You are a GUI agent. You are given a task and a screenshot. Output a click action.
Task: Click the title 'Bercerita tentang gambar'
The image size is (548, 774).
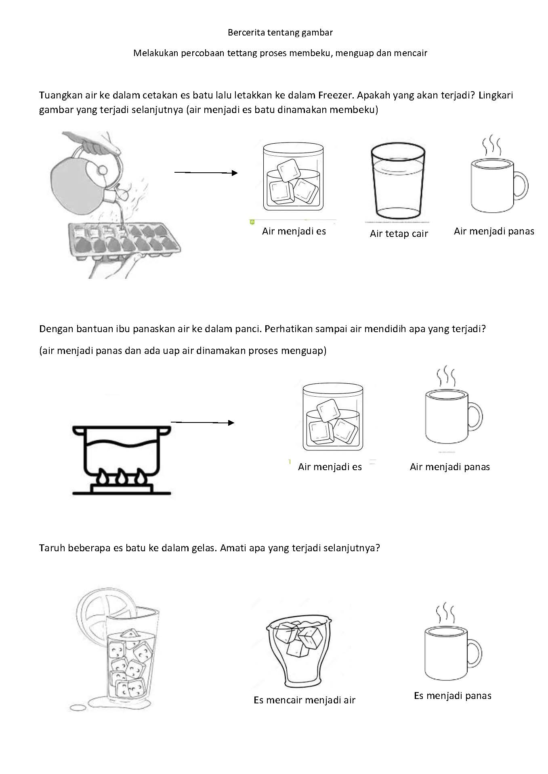point(280,33)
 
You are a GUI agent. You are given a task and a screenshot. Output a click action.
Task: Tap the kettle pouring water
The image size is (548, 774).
point(87,169)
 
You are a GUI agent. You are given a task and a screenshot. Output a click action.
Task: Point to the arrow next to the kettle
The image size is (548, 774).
point(206,173)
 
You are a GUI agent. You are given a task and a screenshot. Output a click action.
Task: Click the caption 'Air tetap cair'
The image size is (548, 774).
point(399,234)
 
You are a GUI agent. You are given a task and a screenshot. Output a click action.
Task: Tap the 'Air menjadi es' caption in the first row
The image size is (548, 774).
point(294,231)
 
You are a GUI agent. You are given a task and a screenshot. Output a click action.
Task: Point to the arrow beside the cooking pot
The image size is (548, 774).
point(203,423)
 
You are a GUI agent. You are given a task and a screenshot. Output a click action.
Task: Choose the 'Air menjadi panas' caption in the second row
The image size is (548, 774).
point(450,467)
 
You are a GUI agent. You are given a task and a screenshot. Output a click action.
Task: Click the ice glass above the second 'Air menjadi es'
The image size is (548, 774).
point(333,416)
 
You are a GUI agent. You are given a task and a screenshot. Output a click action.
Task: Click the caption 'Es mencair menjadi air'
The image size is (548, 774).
point(304,700)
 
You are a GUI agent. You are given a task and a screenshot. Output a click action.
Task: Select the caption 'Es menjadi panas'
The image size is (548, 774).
point(453,696)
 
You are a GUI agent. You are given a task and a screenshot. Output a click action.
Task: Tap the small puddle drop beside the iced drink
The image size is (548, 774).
point(78,707)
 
